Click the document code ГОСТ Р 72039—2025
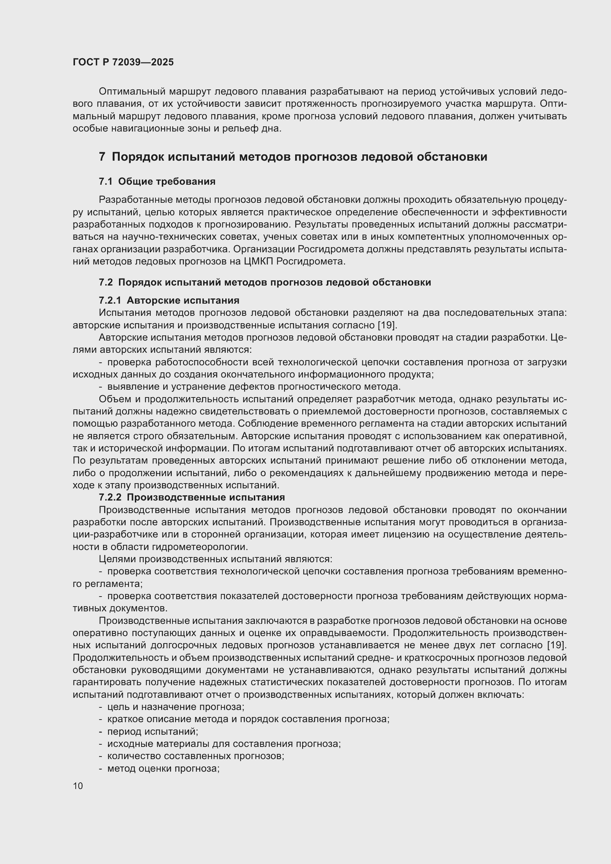click(123, 62)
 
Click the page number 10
click(78, 786)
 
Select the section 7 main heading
click(293, 157)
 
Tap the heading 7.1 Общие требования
click(157, 181)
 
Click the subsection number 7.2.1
click(110, 300)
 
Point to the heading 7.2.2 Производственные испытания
click(192, 497)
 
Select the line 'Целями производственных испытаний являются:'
click(215, 559)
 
